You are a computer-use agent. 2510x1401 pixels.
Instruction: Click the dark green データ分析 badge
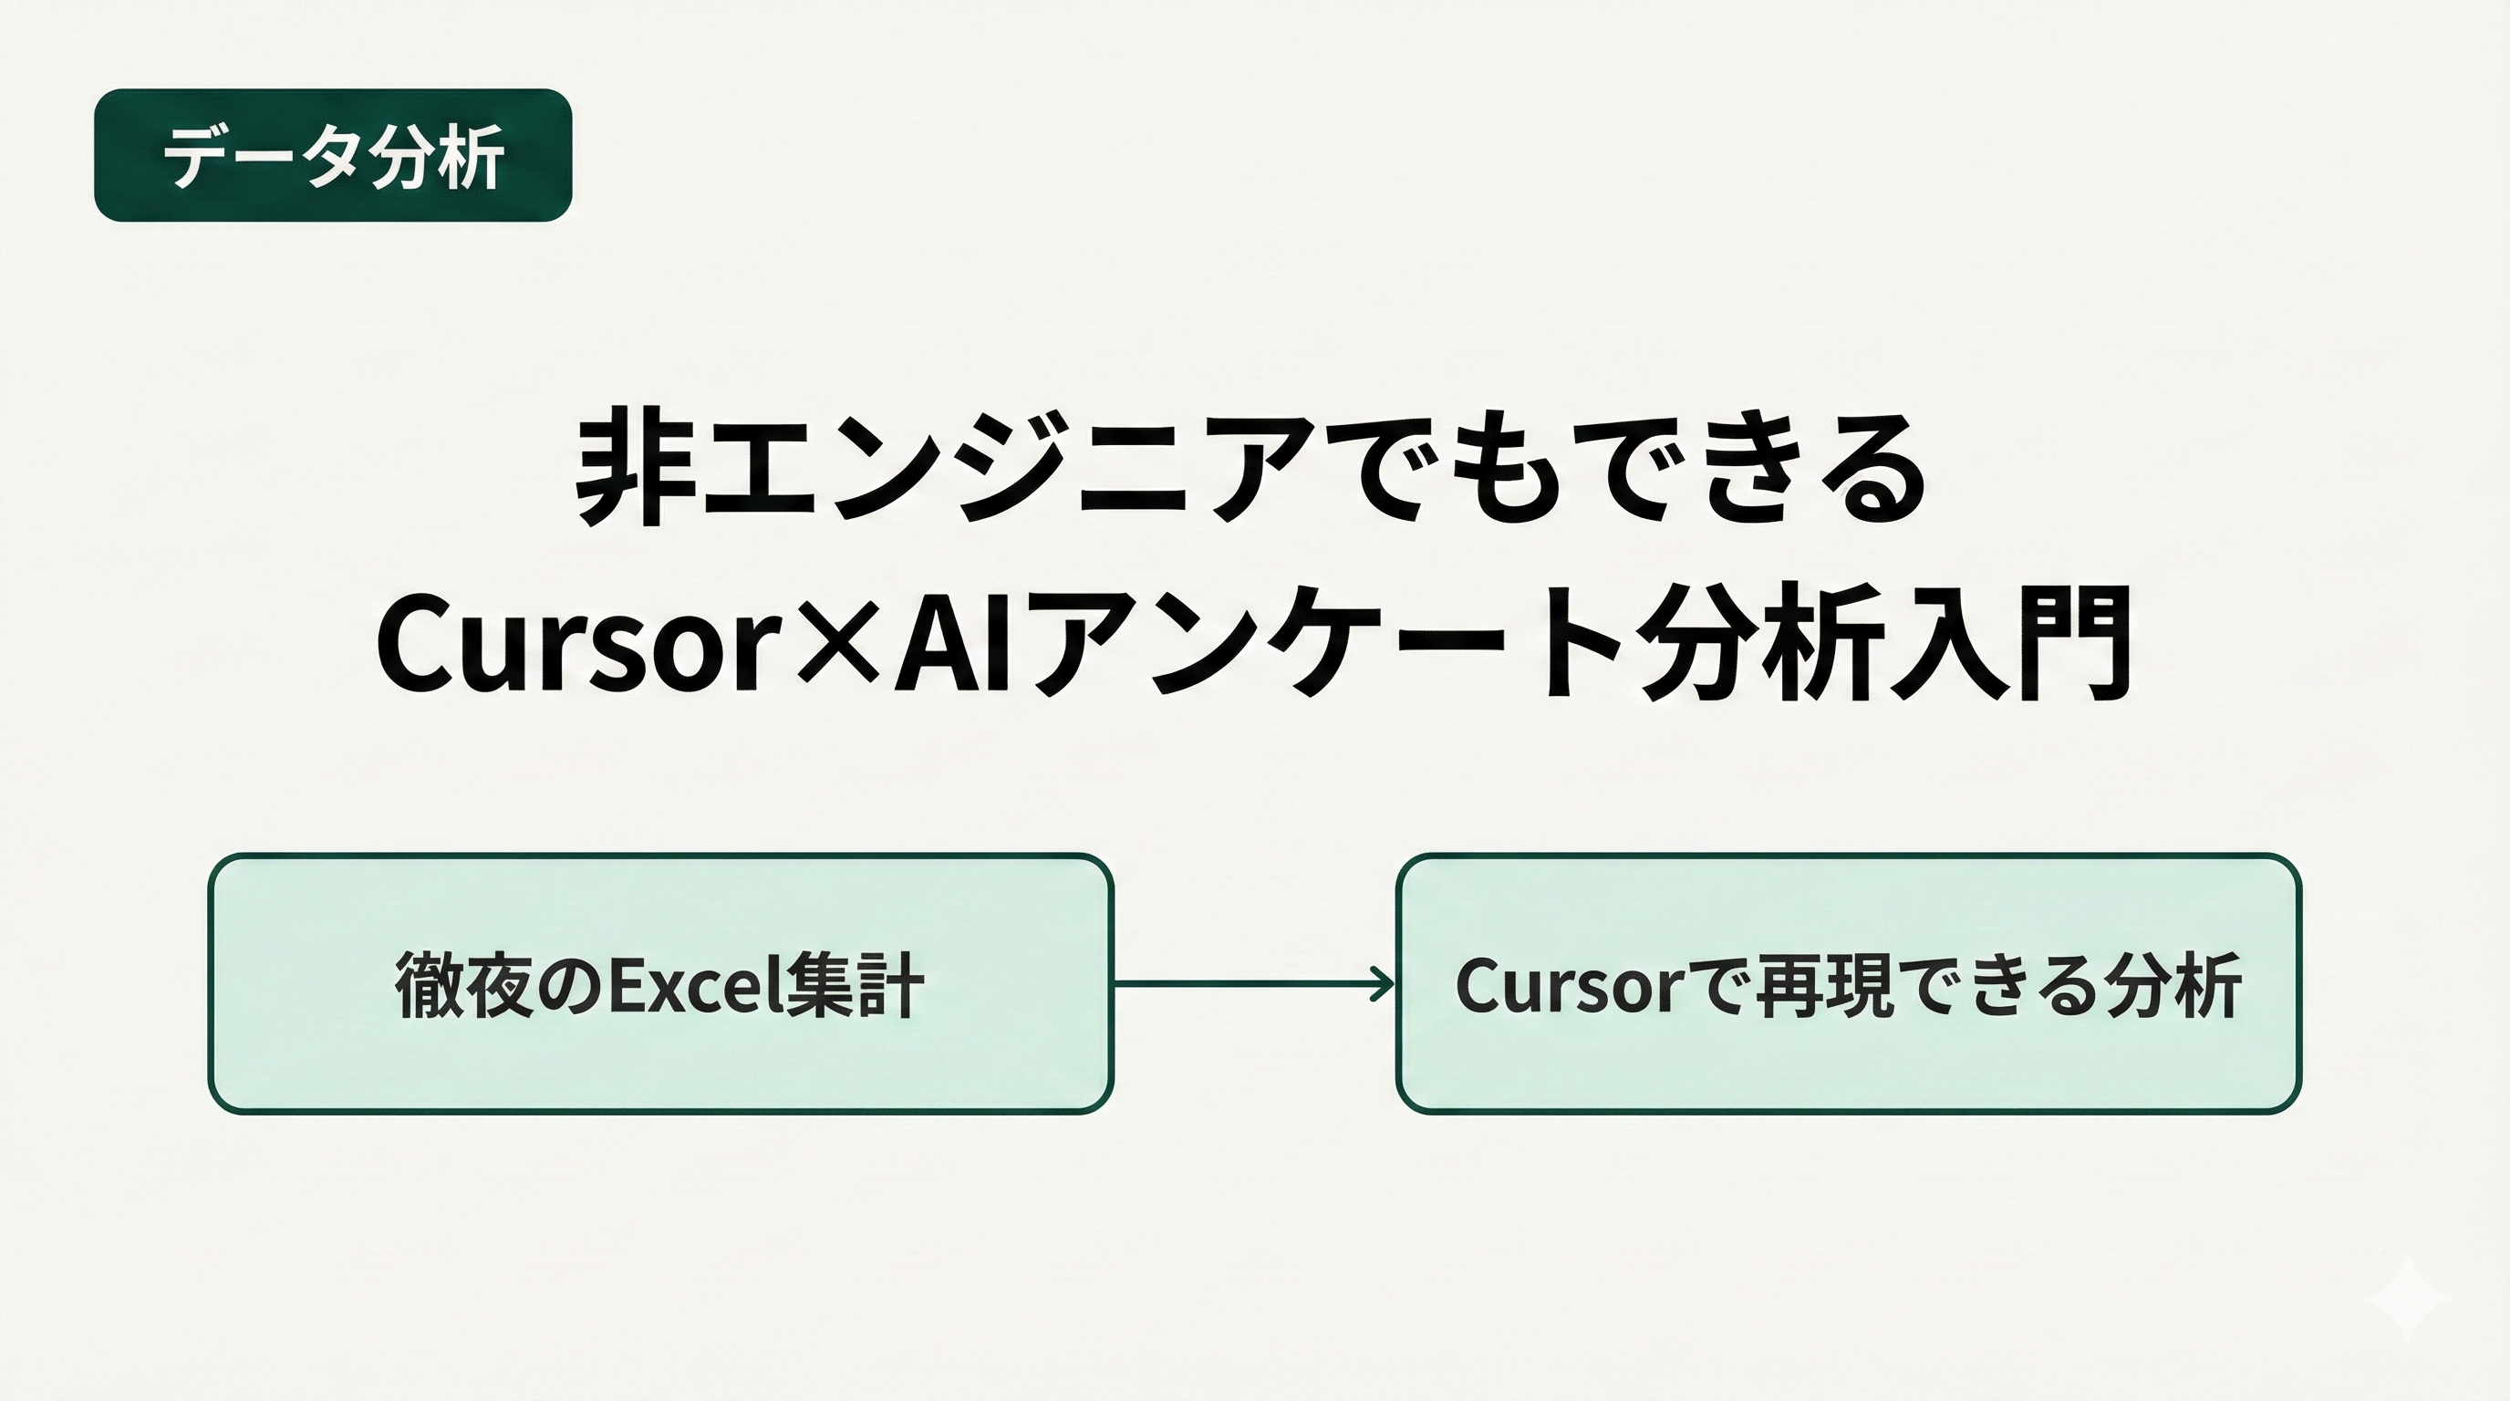click(332, 155)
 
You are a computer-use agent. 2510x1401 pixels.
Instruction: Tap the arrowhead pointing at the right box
click(1384, 984)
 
